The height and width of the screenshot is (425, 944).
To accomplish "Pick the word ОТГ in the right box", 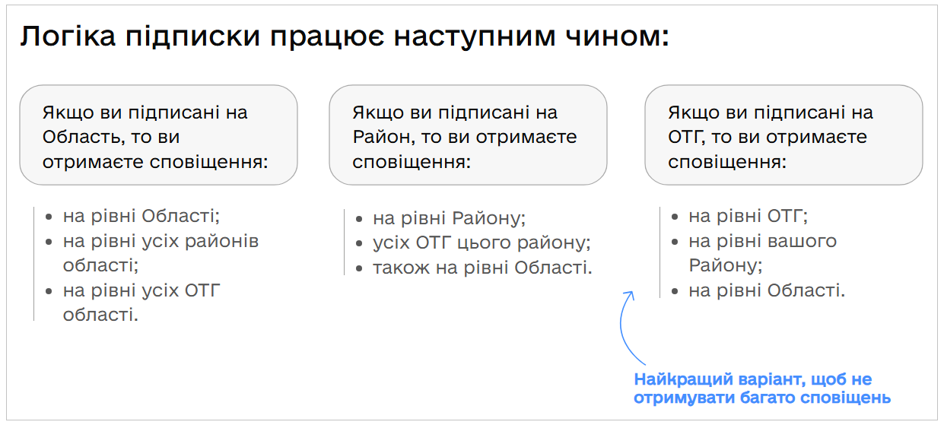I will click(x=687, y=138).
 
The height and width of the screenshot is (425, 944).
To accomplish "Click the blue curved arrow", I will click(x=625, y=327).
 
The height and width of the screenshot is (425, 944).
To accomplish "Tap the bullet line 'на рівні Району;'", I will click(x=449, y=219).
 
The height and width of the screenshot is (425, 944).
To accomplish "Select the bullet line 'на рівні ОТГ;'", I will click(x=748, y=216).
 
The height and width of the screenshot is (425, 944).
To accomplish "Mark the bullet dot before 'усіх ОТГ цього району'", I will click(x=359, y=244).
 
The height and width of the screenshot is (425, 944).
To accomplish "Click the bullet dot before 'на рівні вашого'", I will click(x=675, y=242).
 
